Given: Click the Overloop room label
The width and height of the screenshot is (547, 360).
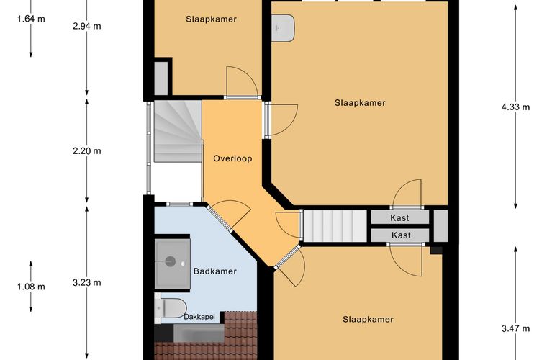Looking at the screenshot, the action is (x=232, y=158).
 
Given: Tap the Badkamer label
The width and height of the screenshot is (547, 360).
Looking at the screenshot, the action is (x=215, y=271).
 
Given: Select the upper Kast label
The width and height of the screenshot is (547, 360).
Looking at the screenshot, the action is (x=399, y=218).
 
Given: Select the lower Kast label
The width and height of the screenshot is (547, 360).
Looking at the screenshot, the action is (x=401, y=235).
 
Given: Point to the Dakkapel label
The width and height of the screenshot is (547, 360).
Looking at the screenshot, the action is (x=199, y=317).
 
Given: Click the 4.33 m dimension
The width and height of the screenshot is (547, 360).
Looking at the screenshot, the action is (x=515, y=107).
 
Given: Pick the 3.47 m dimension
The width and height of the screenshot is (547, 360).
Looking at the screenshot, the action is (x=515, y=328).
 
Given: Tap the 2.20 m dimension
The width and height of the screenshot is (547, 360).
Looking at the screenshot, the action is (x=87, y=150).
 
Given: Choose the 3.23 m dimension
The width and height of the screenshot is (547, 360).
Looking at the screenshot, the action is (x=87, y=282).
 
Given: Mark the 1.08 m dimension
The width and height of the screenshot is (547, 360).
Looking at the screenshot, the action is (x=31, y=287).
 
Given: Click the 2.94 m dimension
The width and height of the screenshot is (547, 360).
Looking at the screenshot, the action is (x=87, y=26).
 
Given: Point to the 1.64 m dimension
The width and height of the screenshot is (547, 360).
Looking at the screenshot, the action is (x=31, y=19).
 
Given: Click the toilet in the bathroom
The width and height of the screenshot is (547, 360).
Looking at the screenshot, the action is (x=171, y=308).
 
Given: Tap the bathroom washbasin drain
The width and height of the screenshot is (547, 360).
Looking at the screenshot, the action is (x=171, y=261).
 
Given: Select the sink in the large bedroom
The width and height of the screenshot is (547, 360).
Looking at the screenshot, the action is (x=284, y=28).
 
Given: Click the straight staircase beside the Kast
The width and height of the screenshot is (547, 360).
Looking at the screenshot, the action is (x=335, y=225).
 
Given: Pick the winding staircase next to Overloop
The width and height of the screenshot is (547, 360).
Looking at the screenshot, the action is (x=178, y=131).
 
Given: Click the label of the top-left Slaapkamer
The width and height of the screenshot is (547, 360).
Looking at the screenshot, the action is (x=211, y=19).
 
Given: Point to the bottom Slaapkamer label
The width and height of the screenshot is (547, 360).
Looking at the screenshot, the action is (x=368, y=319).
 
